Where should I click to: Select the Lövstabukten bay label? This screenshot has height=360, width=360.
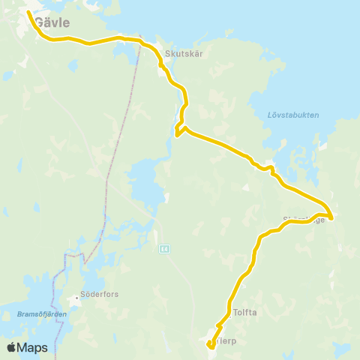coord(293,115)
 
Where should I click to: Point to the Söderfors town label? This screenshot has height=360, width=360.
coord(100,295)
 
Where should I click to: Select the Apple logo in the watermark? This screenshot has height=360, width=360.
coord(12,347)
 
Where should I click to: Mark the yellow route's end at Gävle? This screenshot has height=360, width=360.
coord(28,13)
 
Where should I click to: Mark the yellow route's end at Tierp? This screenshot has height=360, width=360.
coord(208,344)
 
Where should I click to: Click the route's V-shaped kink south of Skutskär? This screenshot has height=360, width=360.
coord(178,133)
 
